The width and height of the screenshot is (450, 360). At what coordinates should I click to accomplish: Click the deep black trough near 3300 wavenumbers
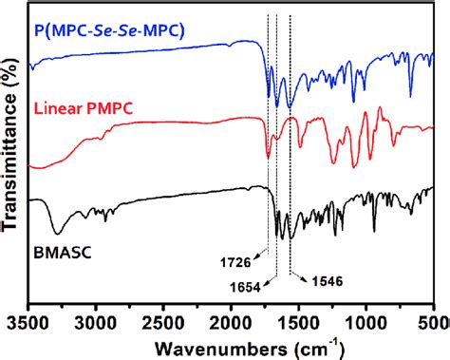pos(59,232)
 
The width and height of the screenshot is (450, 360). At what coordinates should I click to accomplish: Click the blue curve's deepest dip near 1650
pos(278,104)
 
